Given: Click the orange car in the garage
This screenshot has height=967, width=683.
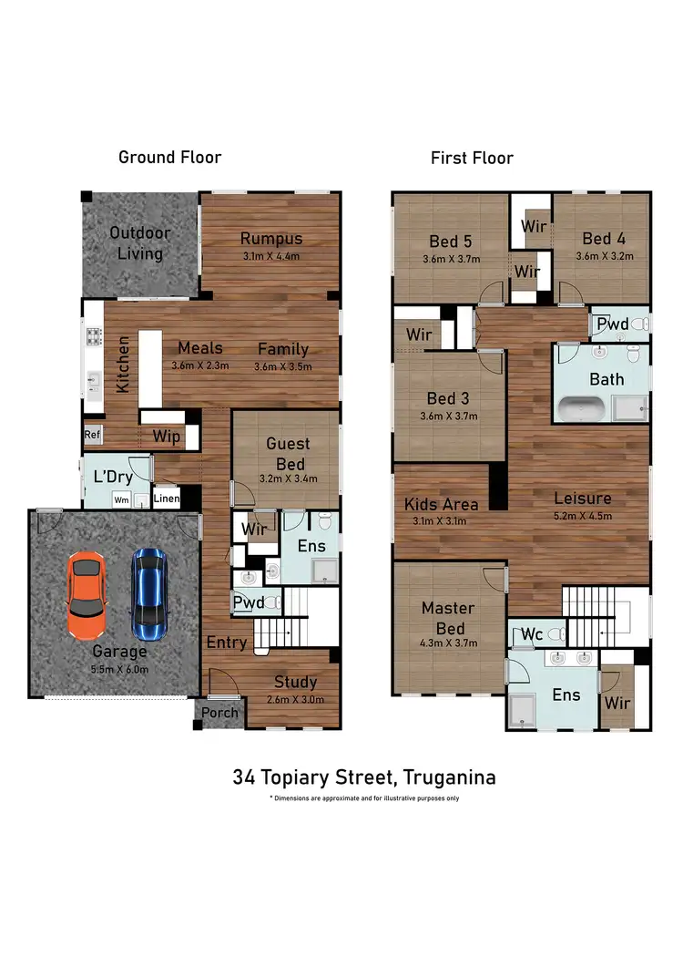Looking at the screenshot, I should click(x=87, y=597).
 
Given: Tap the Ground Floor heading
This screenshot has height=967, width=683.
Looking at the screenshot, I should click(x=170, y=157).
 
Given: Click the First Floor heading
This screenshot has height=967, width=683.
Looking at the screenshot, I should click(x=472, y=158).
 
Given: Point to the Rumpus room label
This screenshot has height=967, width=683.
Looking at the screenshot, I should click(x=270, y=239).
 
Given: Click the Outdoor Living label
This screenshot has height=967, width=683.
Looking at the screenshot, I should click(x=140, y=242).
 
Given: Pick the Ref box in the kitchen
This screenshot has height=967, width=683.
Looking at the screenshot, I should click(x=92, y=435).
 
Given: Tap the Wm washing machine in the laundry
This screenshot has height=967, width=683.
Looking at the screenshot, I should click(x=121, y=499).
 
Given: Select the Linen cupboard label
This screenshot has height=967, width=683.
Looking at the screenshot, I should click(x=166, y=499).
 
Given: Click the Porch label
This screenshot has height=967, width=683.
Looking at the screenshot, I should click(x=219, y=713).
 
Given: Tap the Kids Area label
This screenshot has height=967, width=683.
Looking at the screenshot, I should click(x=442, y=504).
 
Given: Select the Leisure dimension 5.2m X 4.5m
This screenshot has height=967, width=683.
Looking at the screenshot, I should click(x=582, y=516).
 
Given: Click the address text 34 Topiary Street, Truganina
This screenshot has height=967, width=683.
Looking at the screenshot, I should click(x=364, y=777).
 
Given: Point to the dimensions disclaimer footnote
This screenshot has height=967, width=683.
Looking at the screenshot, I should click(x=364, y=798).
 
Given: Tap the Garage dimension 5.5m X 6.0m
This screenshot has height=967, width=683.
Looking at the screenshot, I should click(x=120, y=668).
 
